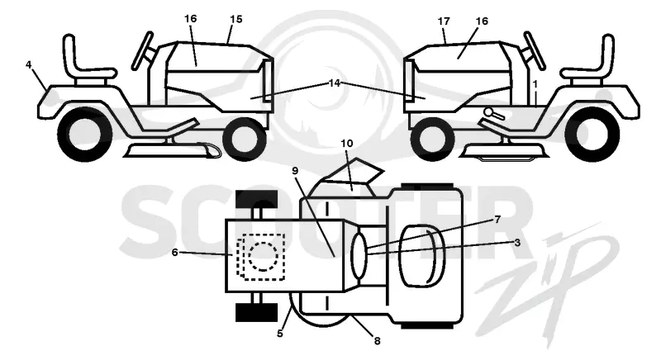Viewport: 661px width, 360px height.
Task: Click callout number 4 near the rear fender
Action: point(29,65)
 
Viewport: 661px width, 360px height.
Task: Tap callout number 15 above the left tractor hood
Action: point(236,19)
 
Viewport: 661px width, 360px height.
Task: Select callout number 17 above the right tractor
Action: point(444,21)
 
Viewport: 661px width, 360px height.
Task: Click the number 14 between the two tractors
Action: point(335,83)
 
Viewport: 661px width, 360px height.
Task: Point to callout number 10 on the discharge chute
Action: point(347,144)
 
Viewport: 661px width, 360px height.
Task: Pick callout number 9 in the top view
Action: point(295,171)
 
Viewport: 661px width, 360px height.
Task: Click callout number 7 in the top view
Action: point(497,220)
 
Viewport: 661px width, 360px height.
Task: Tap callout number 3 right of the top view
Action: point(517,243)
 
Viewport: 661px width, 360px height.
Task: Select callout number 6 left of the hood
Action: point(175,253)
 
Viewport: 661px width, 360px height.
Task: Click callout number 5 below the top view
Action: point(280,334)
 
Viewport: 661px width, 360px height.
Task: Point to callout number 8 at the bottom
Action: point(378,341)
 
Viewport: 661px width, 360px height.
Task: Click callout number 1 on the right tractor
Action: point(535,84)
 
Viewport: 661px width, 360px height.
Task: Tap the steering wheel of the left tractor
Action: point(142,50)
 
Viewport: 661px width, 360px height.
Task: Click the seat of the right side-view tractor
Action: point(590,63)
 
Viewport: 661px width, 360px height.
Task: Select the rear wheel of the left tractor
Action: point(85,135)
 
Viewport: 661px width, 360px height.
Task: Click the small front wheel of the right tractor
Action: point(432,138)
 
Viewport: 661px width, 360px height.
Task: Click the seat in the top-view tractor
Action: point(420,256)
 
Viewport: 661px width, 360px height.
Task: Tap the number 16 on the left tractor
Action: point(191,19)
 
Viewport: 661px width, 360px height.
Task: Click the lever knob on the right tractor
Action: point(488,112)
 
